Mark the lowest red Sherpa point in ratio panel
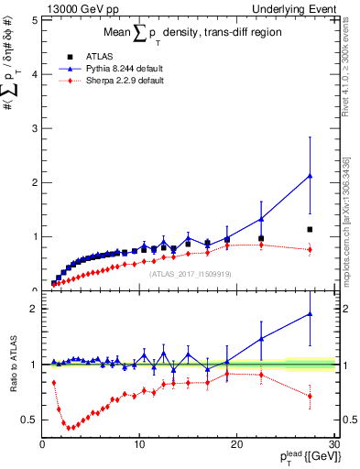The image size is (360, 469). click(68, 428)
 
